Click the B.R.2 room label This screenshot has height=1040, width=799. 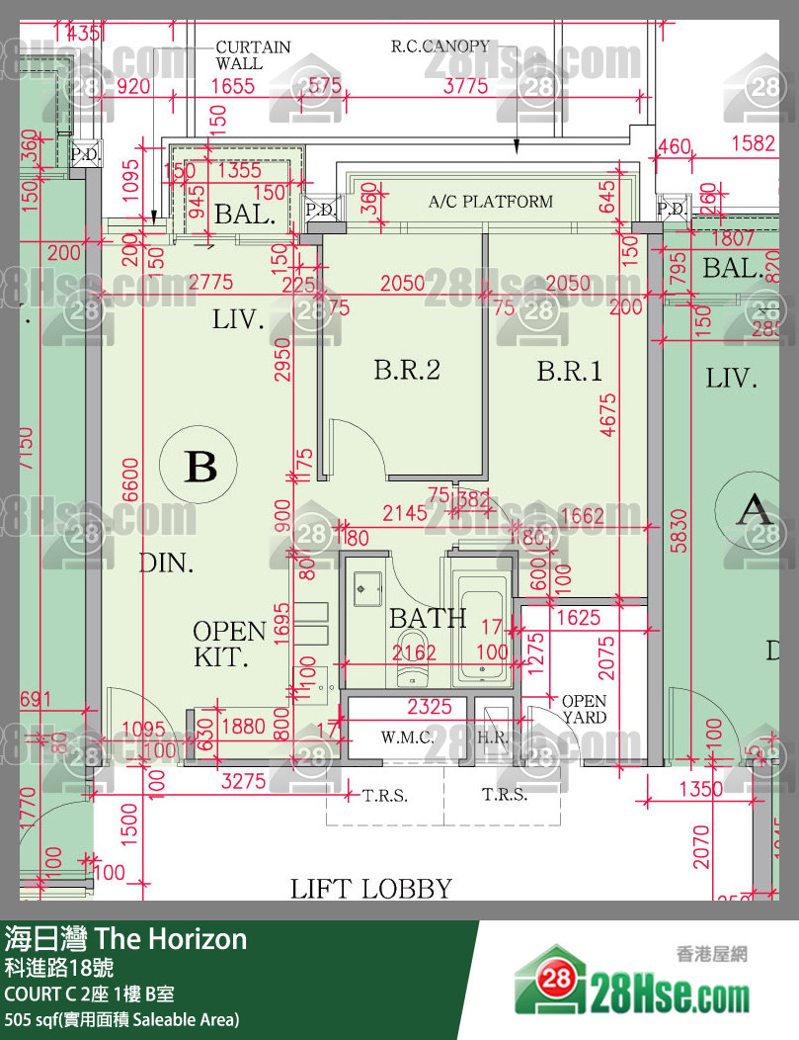406,371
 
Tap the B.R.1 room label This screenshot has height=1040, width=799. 570,372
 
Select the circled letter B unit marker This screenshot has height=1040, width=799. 200,466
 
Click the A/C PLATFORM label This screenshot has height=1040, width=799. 491,202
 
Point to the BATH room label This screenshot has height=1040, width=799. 428,619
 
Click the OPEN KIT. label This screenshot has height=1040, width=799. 229,644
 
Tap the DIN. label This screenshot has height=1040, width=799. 166,563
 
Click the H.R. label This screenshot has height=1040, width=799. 493,737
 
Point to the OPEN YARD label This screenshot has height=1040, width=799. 584,710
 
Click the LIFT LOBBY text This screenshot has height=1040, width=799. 371,889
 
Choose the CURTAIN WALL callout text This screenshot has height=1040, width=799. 253,55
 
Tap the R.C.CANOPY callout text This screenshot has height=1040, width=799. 439,46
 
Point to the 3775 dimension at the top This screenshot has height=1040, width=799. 465,86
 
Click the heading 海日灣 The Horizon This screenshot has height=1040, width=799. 125,937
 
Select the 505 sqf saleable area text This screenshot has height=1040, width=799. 121,1019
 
